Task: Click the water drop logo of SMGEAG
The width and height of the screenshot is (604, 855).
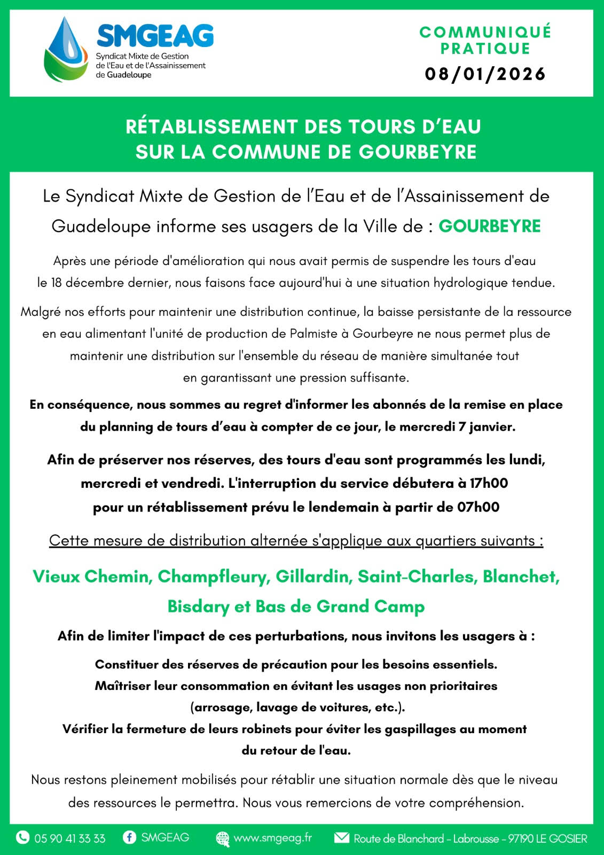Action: [66, 50]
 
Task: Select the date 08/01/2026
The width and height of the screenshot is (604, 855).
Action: [485, 74]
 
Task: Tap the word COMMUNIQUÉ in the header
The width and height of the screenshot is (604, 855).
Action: [485, 32]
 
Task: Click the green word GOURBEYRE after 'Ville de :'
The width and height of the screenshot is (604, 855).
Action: [489, 227]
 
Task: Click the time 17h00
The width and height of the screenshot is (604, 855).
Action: [489, 483]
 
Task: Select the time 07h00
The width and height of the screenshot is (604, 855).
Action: [478, 507]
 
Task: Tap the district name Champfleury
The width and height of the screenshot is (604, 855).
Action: [214, 577]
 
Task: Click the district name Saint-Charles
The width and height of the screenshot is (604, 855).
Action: [417, 577]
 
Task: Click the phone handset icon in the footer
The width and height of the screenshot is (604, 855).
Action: [22, 837]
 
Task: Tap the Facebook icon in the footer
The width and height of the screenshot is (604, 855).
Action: [129, 837]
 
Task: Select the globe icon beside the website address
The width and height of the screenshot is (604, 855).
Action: [222, 838]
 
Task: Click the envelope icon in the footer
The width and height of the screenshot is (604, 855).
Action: [342, 837]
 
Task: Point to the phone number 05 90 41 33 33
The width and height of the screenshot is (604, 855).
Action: [70, 838]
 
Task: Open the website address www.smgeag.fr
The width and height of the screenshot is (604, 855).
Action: [272, 838]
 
